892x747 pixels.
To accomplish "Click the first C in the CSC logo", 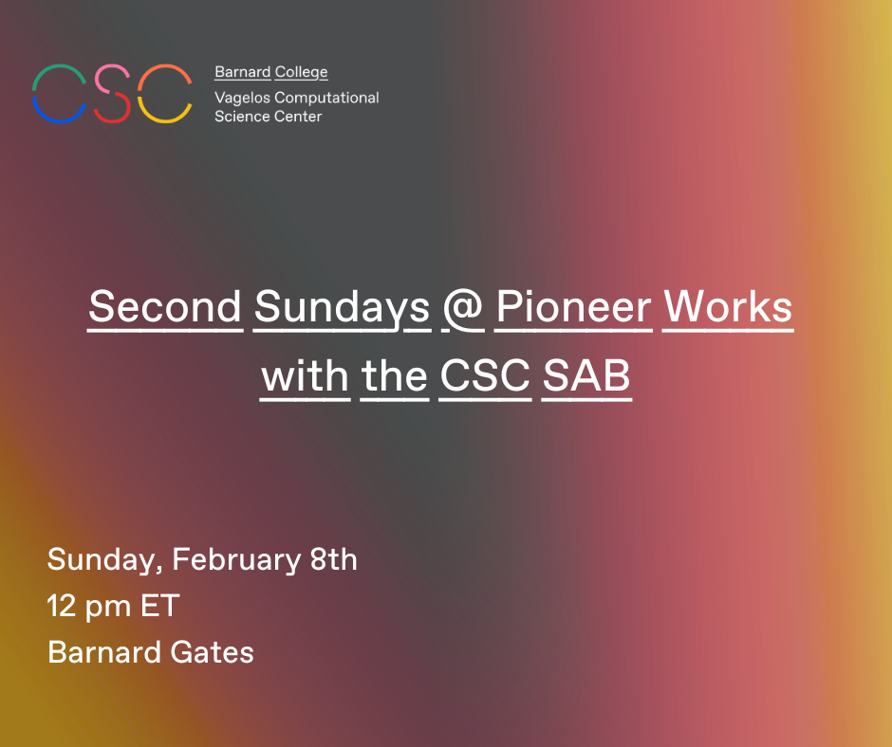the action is tap(34, 94).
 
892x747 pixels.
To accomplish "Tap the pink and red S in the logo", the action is tap(112, 93).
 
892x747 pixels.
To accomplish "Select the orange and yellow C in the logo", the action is tap(139, 94).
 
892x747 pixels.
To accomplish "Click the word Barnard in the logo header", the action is tap(242, 72).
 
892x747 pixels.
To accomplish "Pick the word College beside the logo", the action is tap(301, 73).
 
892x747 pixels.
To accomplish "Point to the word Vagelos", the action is tap(242, 99).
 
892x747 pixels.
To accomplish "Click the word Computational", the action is tap(326, 99).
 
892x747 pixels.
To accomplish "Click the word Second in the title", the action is tap(165, 307).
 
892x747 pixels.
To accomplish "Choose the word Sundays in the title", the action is tap(342, 308).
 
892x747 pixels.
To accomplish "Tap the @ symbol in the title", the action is tap(463, 308).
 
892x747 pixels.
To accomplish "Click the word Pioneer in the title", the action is tap(573, 307).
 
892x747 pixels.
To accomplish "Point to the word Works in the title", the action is tap(728, 307).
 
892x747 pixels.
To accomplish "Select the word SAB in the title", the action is tap(586, 375).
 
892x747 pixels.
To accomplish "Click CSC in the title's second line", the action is tap(485, 375).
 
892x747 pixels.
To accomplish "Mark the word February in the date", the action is tap(236, 560).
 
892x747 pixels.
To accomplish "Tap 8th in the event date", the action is tap(334, 559).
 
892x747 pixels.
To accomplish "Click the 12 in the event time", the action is tap(62, 606).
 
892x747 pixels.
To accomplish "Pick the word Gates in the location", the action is tap(213, 652).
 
